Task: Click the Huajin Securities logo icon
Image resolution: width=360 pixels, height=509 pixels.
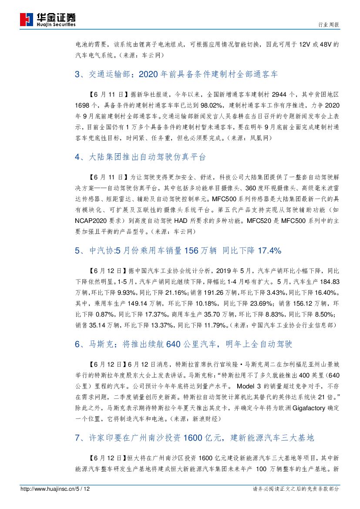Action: point(27,20)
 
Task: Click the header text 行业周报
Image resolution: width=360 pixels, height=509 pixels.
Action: point(330,25)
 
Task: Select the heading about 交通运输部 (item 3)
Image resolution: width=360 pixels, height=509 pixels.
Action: point(176,74)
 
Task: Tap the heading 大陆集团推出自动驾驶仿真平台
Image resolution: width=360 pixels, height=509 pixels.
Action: point(140,157)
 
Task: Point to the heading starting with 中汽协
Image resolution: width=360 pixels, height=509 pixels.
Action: point(178,250)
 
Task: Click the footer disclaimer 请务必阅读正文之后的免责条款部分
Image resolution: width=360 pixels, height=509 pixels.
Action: point(296,489)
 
